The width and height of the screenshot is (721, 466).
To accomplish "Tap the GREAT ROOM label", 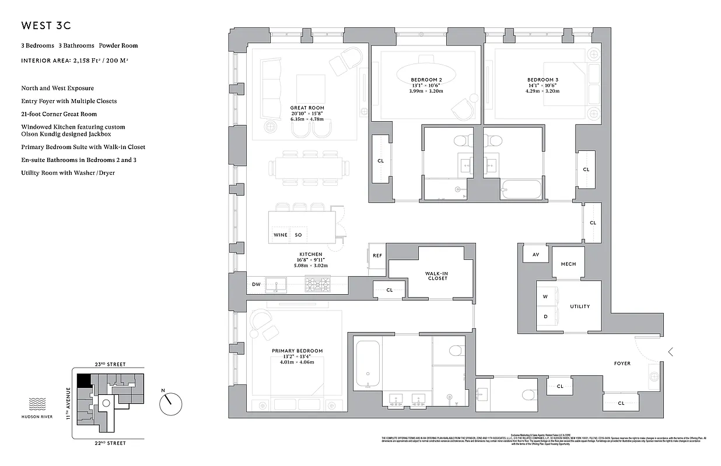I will click(307, 108).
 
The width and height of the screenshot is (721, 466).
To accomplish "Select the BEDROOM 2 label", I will click(426, 80).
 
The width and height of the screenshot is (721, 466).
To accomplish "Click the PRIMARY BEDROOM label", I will click(297, 351).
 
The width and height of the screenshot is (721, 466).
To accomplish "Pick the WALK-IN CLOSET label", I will click(437, 275).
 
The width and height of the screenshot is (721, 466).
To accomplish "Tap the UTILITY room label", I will click(580, 306).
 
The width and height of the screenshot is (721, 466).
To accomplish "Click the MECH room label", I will click(568, 264).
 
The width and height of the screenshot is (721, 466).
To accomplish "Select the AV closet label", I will click(535, 255).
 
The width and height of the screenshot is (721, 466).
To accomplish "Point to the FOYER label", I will click(622, 363).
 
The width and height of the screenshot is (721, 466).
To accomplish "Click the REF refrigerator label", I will click(377, 256).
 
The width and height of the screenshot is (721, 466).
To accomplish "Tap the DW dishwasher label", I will click(256, 284).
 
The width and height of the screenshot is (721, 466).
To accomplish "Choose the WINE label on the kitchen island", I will click(280, 235).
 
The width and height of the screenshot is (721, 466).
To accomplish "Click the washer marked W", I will click(545, 296).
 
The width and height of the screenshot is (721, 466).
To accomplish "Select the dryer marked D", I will click(545, 317).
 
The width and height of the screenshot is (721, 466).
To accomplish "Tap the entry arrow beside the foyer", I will click(671, 352).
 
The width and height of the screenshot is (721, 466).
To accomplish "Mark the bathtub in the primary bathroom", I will click(367, 365).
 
